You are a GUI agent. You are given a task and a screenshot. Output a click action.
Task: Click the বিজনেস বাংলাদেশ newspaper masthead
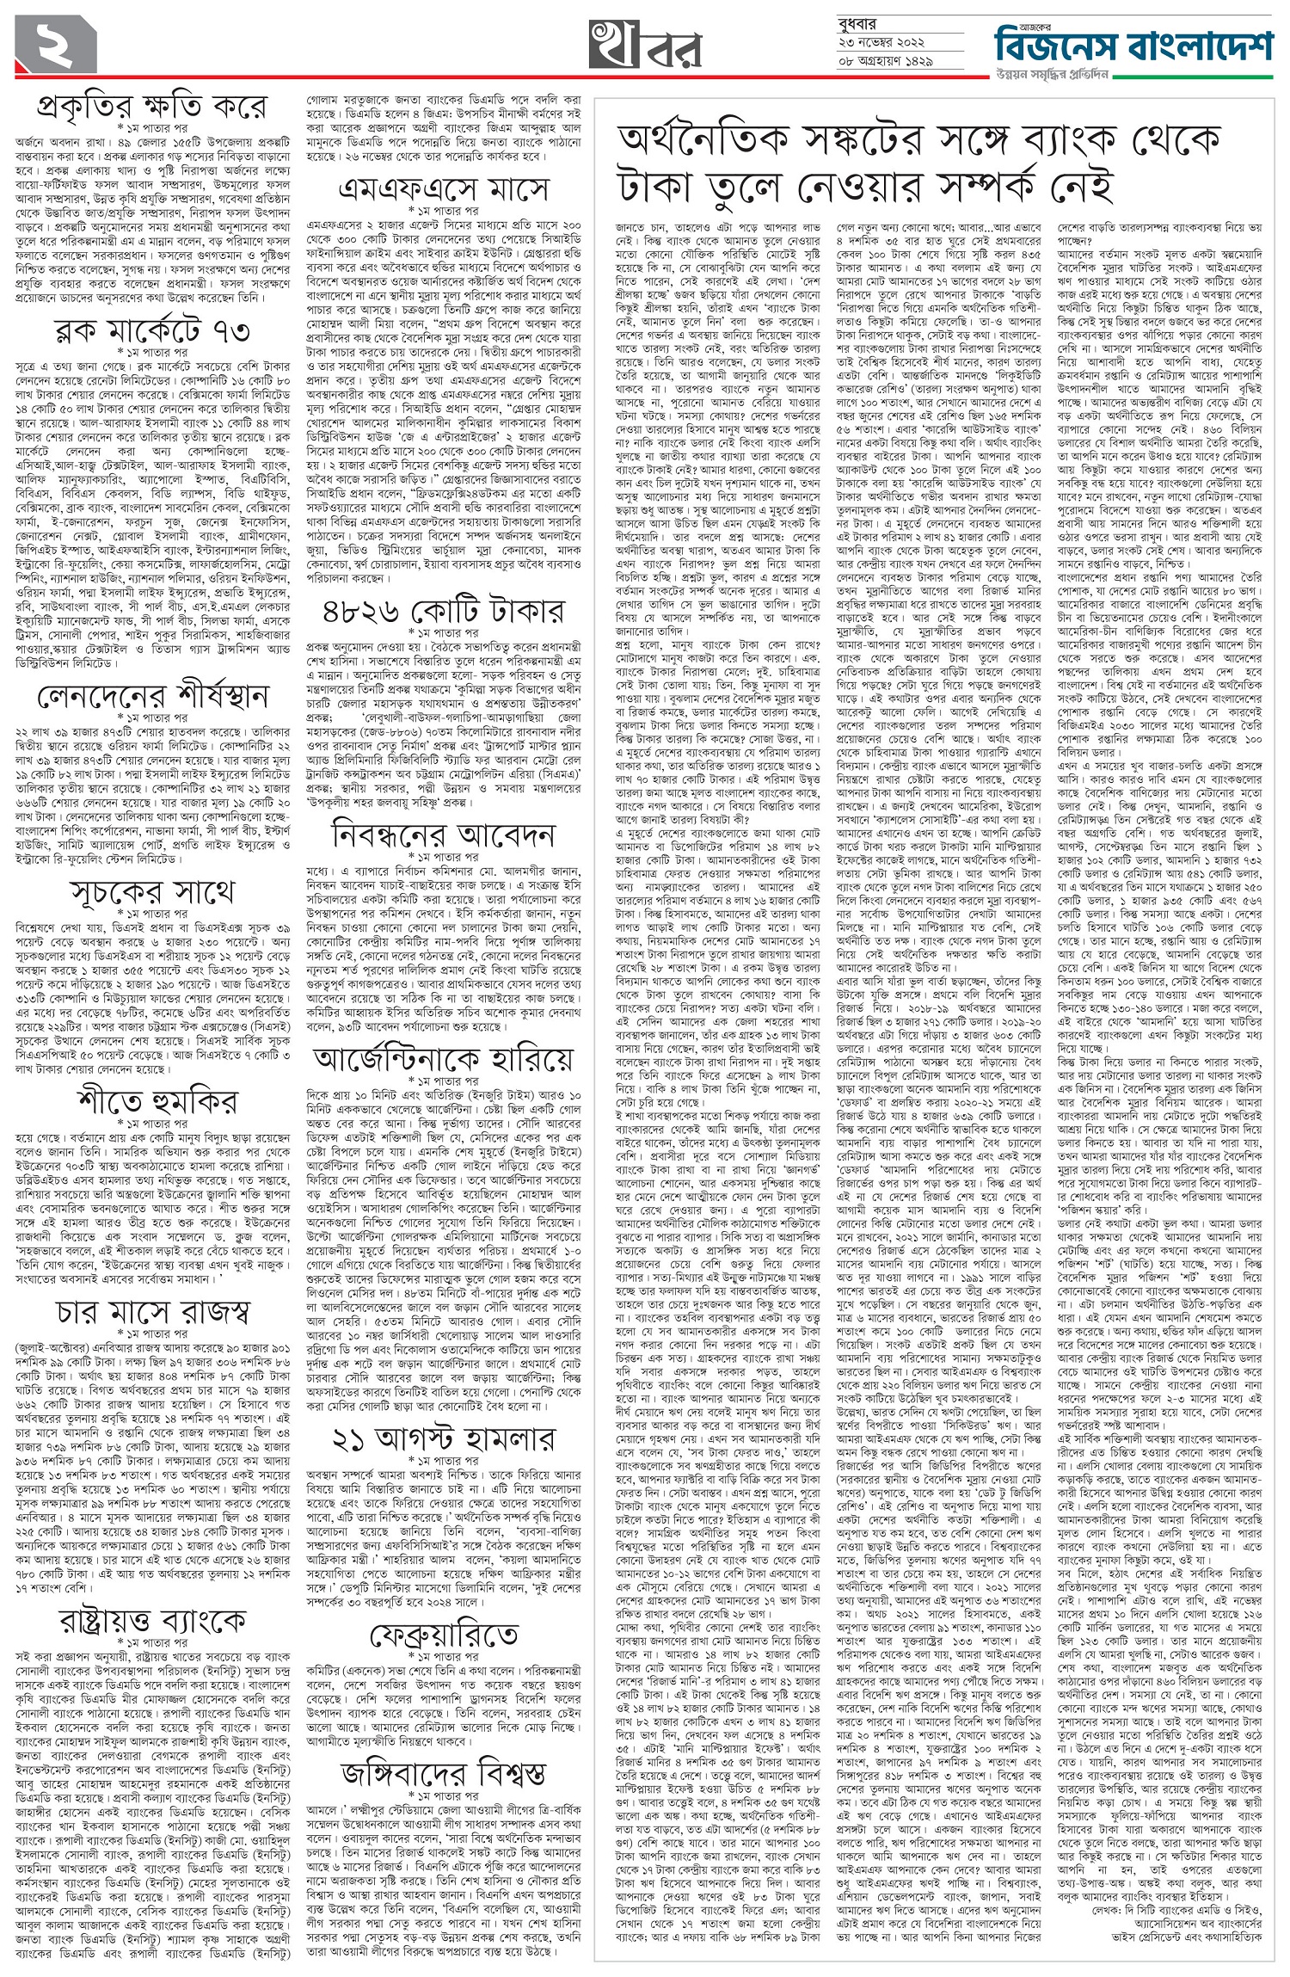pos(1136,39)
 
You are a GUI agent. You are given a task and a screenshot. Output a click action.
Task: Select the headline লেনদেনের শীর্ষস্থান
pos(152,694)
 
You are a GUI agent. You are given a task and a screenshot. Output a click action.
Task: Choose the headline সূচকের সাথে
pos(152,892)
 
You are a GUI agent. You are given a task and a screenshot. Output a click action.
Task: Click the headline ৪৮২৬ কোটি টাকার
pos(443,611)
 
